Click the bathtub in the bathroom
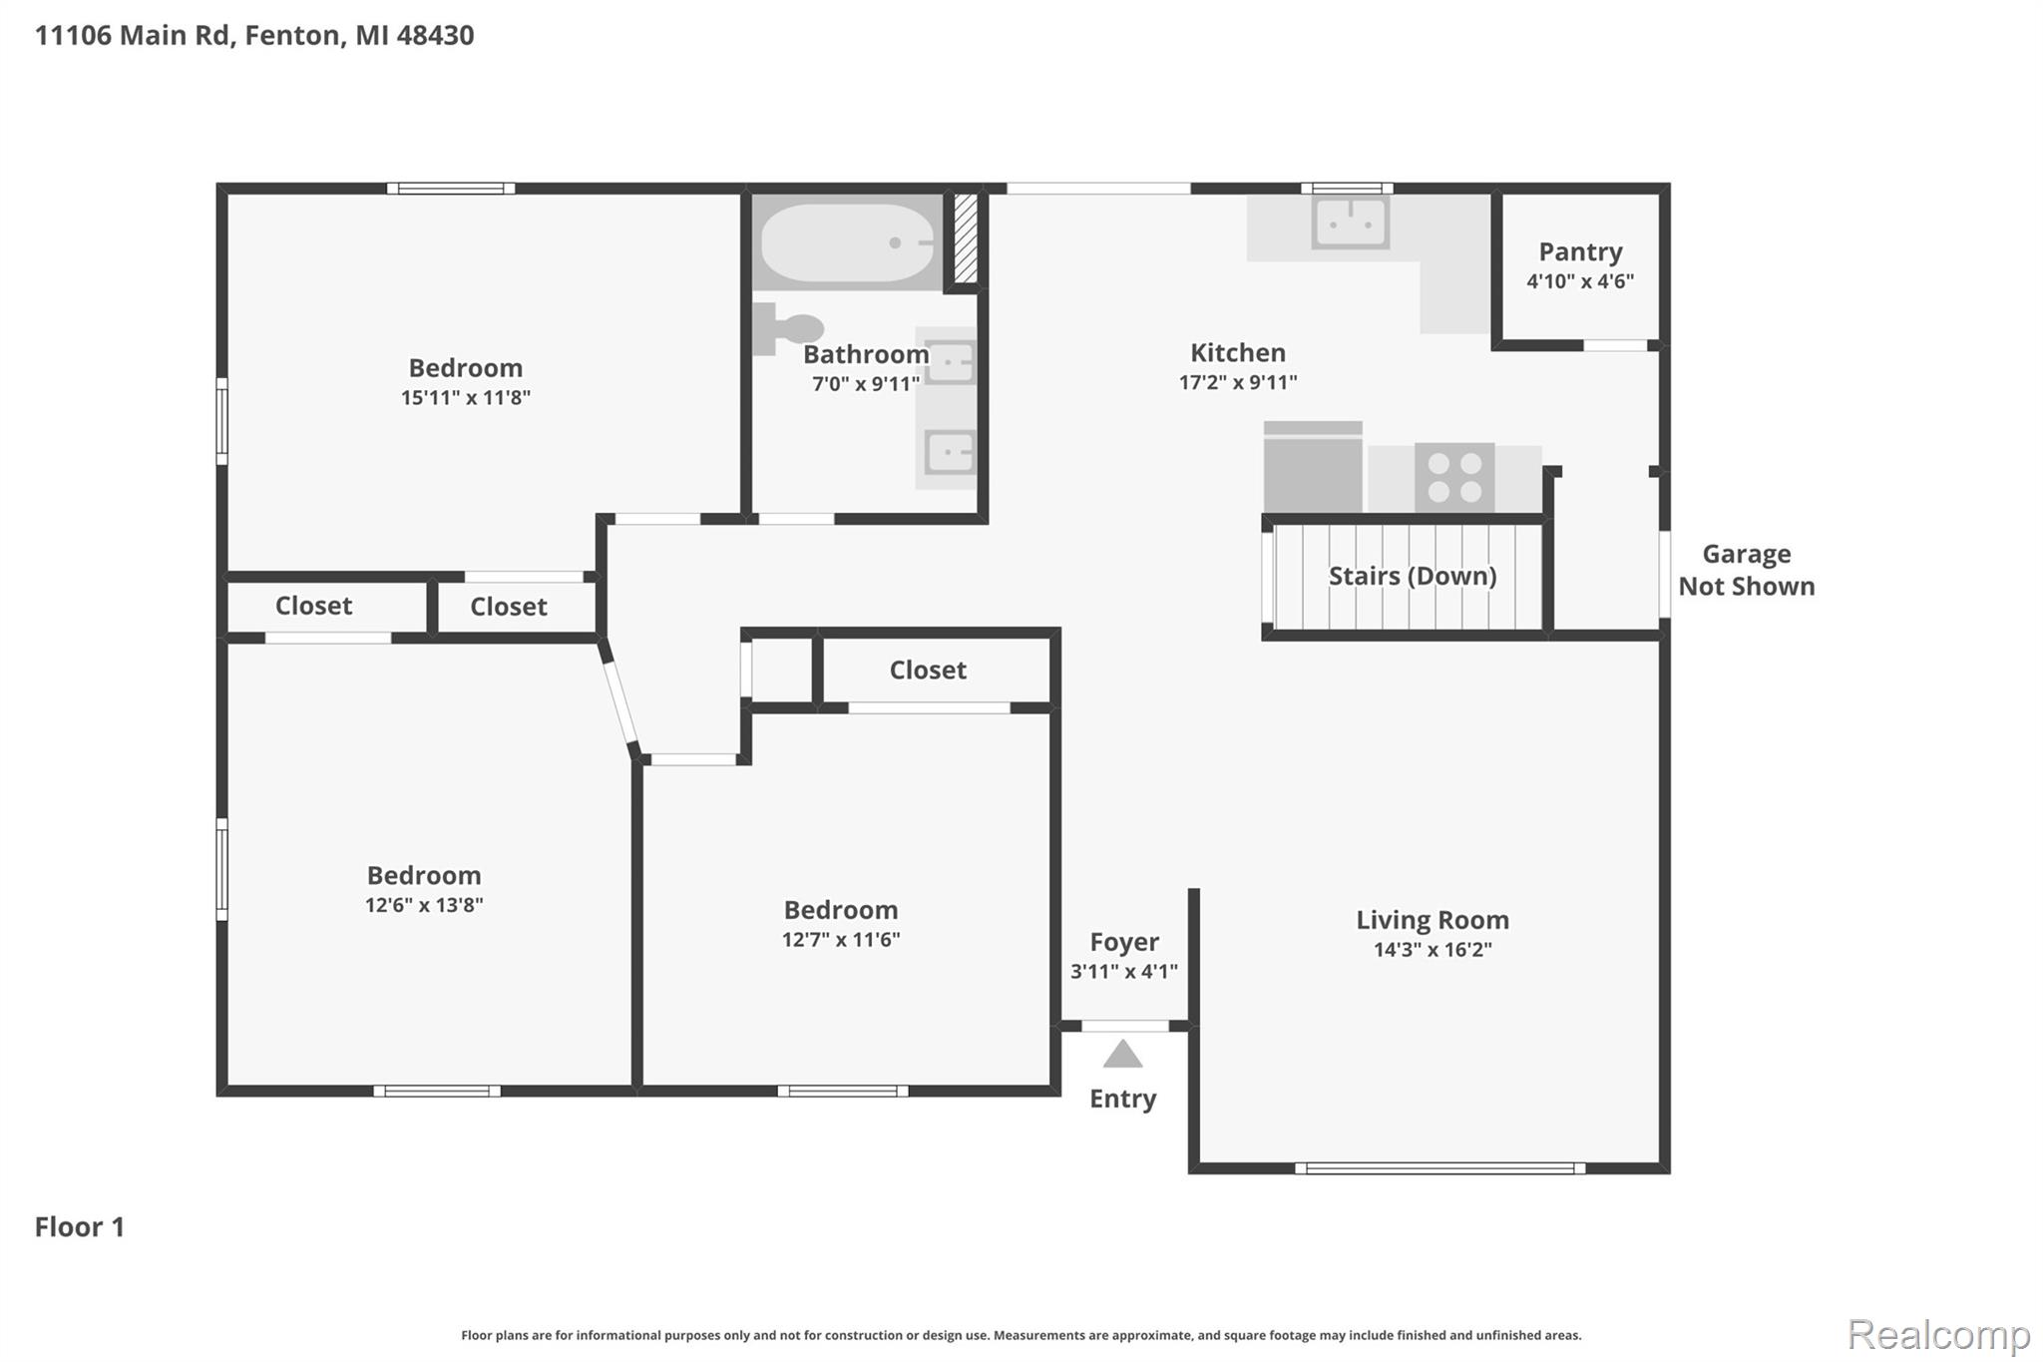pyautogui.click(x=846, y=242)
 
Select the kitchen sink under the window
pyautogui.click(x=1350, y=223)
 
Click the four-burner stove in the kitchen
pyautogui.click(x=1453, y=477)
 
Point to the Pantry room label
pyautogui.click(x=1580, y=251)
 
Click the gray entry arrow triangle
pyautogui.click(x=1122, y=1055)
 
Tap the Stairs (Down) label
pyautogui.click(x=1412, y=576)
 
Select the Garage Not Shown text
pyautogui.click(x=1746, y=570)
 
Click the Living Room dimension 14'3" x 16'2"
pyautogui.click(x=1432, y=949)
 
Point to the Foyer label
pyautogui.click(x=1123, y=941)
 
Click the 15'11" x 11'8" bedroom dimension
pyautogui.click(x=465, y=397)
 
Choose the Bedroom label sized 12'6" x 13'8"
pyautogui.click(x=424, y=875)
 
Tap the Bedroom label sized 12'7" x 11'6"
pyautogui.click(x=840, y=909)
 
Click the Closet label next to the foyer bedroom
pyautogui.click(x=928, y=670)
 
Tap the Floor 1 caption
pyautogui.click(x=80, y=1226)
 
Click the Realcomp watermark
pyautogui.click(x=1938, y=1334)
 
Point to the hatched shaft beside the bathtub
pyautogui.click(x=965, y=237)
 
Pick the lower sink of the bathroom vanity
pyautogui.click(x=949, y=453)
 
